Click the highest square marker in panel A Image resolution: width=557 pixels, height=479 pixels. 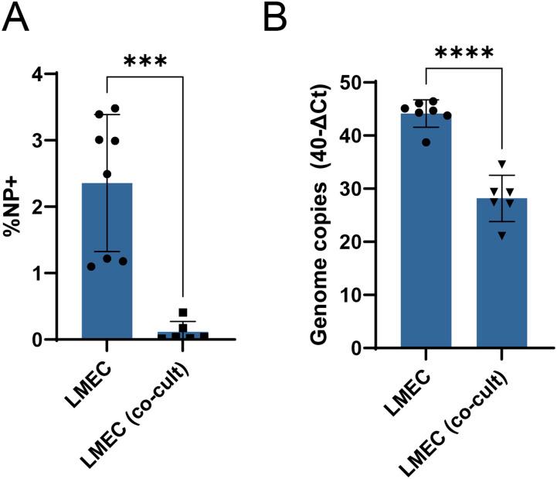point(182,313)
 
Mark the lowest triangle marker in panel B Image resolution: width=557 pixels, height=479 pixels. point(502,234)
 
